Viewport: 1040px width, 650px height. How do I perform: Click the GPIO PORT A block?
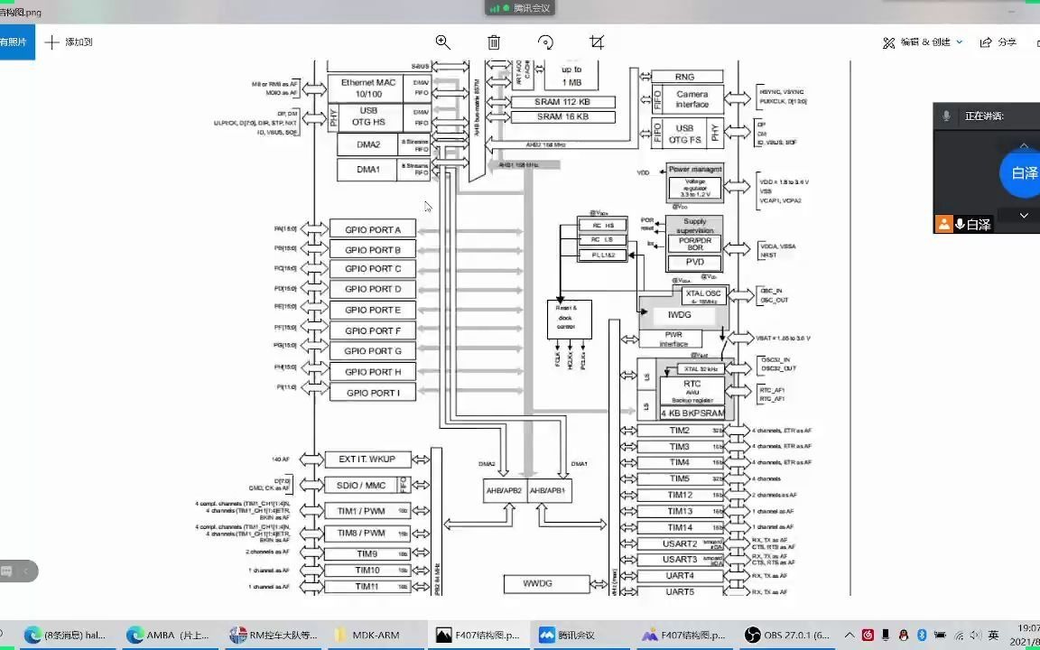(372, 229)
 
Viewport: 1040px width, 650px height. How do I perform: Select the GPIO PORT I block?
(372, 393)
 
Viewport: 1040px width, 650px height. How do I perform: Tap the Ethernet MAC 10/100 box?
(368, 88)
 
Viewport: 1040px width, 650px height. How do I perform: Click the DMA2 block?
(368, 144)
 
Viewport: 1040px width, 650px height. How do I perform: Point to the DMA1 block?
(368, 170)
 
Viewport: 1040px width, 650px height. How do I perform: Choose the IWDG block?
(679, 315)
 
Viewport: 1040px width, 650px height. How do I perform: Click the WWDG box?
(537, 583)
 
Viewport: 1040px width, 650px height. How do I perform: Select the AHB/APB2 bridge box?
(505, 491)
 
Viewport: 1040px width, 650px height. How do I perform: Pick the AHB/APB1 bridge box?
(550, 491)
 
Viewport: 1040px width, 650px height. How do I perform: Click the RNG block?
(685, 77)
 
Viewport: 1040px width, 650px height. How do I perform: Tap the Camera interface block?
(692, 99)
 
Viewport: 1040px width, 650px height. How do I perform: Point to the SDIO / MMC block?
(361, 486)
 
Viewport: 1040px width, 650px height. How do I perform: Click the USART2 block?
(681, 543)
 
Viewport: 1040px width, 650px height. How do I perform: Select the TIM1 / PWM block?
(361, 511)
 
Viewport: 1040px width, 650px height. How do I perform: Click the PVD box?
(694, 262)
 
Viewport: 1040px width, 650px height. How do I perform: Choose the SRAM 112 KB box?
(562, 102)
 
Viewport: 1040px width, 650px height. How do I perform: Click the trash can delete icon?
(494, 42)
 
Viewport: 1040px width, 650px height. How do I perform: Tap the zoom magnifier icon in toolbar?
(442, 42)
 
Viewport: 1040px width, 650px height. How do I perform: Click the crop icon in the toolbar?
(596, 42)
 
